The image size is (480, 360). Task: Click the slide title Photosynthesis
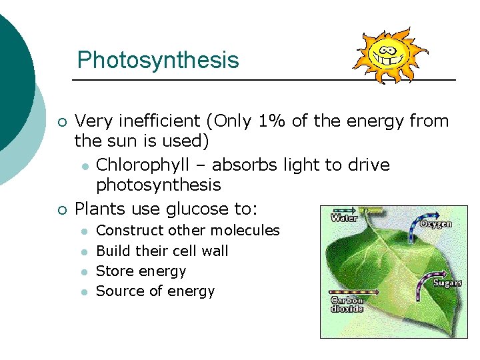pos(157,60)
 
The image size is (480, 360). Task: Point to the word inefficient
pos(157,121)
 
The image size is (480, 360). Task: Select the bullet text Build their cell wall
pos(162,251)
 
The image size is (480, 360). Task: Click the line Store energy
pos(141,271)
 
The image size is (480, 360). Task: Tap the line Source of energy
pos(155,291)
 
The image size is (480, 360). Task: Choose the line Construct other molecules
pos(188,230)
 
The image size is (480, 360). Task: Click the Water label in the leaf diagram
pos(344,217)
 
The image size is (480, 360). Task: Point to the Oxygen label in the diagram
pos(435,224)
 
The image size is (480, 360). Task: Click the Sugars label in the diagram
pos(447,283)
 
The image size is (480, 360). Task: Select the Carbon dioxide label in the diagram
pos(347,304)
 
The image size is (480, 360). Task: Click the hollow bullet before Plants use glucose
pos(61,209)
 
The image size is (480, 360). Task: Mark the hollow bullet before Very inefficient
pos(61,121)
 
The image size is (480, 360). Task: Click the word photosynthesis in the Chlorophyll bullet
pos(158,185)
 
